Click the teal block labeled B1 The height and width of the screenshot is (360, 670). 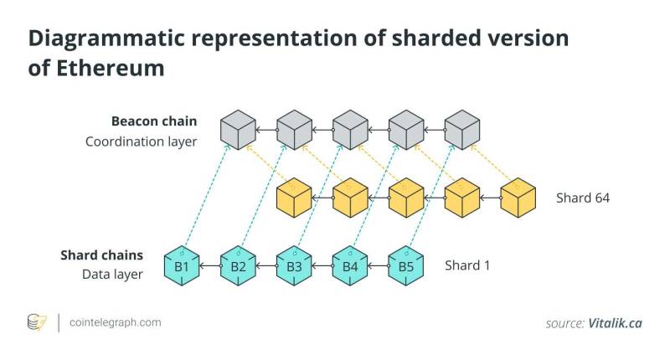(x=182, y=266)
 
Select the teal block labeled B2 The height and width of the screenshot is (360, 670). (x=238, y=266)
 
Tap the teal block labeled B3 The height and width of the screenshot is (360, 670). (x=294, y=266)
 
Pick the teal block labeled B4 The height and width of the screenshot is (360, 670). (x=350, y=266)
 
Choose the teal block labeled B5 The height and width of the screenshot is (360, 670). (x=406, y=266)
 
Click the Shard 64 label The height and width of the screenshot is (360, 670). (x=583, y=198)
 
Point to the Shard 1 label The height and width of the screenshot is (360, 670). (x=467, y=265)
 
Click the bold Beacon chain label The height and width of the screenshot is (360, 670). (x=154, y=121)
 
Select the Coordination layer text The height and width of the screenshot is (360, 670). (x=141, y=141)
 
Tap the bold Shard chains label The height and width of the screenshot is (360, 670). (x=101, y=255)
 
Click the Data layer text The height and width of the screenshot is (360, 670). (x=112, y=274)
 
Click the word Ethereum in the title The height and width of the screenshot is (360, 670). (x=111, y=69)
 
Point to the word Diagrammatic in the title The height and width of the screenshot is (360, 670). (x=106, y=39)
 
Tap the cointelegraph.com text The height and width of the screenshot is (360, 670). (x=116, y=322)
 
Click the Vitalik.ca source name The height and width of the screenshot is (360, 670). (x=615, y=323)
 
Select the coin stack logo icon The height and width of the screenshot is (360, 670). (x=37, y=323)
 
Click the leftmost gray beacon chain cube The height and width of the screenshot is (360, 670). (x=238, y=130)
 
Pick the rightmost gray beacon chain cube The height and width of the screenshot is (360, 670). (x=462, y=130)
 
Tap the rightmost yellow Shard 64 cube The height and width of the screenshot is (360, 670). (x=518, y=198)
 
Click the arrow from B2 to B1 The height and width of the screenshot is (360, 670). (x=210, y=266)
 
